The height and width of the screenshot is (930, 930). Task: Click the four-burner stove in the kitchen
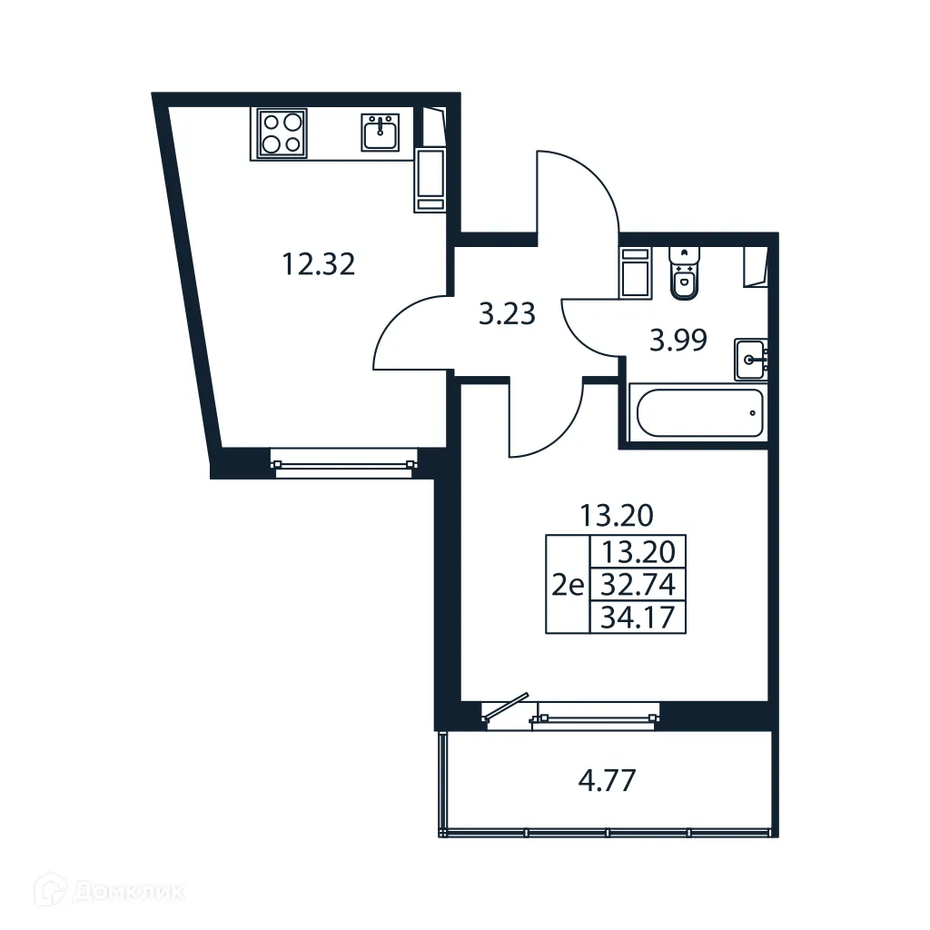(282, 133)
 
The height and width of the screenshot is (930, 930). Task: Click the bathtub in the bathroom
(697, 414)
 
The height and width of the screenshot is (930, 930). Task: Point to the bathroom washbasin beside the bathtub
(750, 360)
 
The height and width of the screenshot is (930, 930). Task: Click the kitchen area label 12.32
(317, 265)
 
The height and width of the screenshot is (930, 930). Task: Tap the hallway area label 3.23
(507, 315)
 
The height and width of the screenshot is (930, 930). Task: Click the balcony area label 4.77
(606, 780)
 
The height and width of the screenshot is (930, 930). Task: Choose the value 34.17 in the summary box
(638, 618)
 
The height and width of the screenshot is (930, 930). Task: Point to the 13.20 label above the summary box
(617, 516)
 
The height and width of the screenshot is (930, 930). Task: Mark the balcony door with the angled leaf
(505, 710)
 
